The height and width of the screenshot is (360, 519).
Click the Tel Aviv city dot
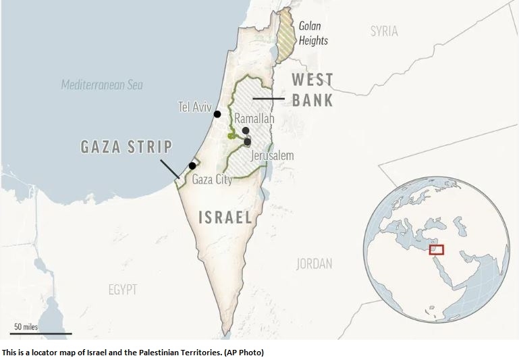click(x=217, y=114)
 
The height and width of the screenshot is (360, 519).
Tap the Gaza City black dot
click(x=192, y=165)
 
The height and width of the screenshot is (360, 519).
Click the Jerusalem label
click(x=272, y=156)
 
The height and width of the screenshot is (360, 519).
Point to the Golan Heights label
click(x=313, y=34)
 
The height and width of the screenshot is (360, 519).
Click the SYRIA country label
click(x=384, y=31)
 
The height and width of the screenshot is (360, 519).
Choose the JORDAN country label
click(x=314, y=263)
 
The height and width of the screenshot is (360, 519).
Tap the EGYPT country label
click(x=123, y=290)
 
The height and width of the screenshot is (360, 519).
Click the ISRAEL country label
click(x=225, y=217)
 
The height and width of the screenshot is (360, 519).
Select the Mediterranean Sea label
click(x=102, y=85)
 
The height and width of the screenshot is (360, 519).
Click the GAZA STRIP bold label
click(x=126, y=147)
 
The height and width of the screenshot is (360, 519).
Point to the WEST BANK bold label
click(x=312, y=90)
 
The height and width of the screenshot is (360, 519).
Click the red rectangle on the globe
click(x=437, y=249)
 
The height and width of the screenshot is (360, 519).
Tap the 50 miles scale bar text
click(x=26, y=327)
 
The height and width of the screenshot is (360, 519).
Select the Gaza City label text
click(x=212, y=180)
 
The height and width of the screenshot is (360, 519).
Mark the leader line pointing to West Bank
click(x=268, y=99)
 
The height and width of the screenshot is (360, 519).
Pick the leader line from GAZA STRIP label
click(x=170, y=169)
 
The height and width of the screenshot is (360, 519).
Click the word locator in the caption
click(x=42, y=353)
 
